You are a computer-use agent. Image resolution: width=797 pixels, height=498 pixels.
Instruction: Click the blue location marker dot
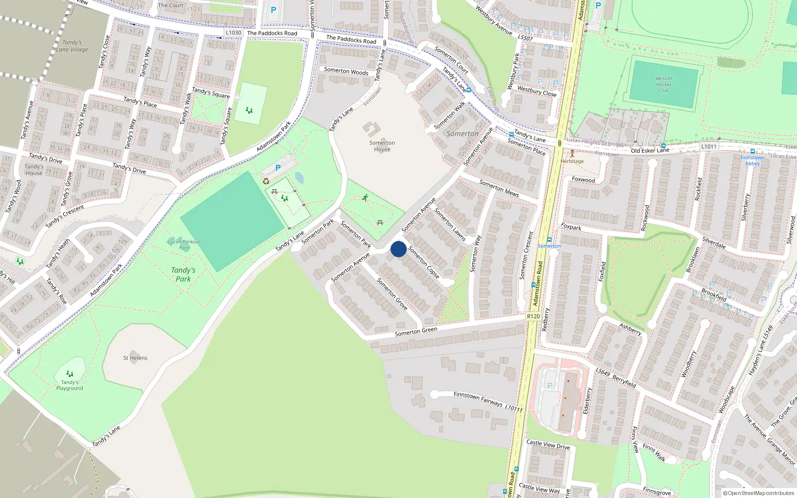pyautogui.click(x=398, y=249)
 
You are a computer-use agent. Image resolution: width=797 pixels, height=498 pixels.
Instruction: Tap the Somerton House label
pyautogui.click(x=382, y=146)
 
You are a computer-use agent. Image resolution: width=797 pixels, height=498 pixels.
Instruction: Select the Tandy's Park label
pyautogui.click(x=183, y=274)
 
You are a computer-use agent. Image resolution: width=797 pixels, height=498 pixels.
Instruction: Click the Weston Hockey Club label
pyautogui.click(x=664, y=84)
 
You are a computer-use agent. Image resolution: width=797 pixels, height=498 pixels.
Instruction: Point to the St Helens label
pyautogui.click(x=135, y=358)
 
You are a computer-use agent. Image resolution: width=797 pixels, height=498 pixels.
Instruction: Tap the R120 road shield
pyautogui.click(x=533, y=316)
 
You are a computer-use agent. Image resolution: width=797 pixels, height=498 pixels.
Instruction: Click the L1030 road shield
pyautogui.click(x=233, y=33)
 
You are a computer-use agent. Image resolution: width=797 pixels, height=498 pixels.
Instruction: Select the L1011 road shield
pyautogui.click(x=708, y=146)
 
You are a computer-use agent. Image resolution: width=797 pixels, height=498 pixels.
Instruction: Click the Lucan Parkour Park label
pyautogui.click(x=184, y=245)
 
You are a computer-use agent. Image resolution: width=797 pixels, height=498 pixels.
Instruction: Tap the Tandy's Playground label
pyautogui.click(x=70, y=385)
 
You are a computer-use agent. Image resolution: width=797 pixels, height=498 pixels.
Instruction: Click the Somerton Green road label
pyautogui.click(x=416, y=331)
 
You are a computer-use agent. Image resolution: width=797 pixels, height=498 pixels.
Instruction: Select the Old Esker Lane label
pyautogui.click(x=650, y=150)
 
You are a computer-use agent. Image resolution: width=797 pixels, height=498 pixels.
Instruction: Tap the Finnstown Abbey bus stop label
pyautogui.click(x=752, y=160)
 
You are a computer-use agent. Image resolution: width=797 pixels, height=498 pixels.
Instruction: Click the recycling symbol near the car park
pyautogui.click(x=266, y=181)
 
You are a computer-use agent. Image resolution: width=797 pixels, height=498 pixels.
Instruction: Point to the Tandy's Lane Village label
pyautogui.click(x=72, y=46)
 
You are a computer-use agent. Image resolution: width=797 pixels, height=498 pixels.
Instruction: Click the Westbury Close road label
pyautogui.click(x=536, y=91)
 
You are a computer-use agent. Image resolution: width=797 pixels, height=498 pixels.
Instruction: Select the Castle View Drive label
pyautogui.click(x=548, y=445)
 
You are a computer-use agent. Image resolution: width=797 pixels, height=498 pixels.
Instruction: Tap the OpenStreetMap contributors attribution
pyautogui.click(x=759, y=493)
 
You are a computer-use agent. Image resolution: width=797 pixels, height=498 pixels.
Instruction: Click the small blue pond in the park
pyautogui.click(x=299, y=178)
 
